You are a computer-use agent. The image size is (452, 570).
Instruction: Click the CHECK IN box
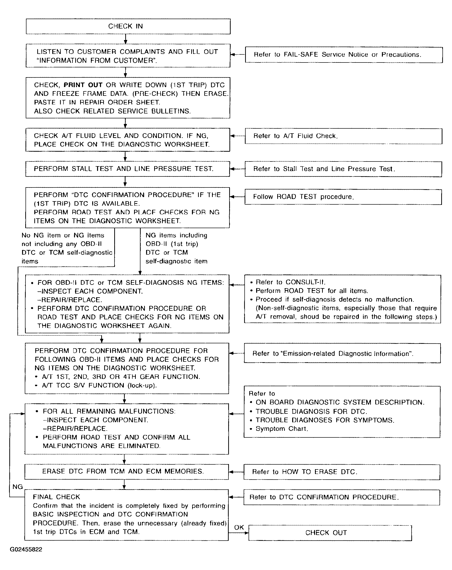point(128,26)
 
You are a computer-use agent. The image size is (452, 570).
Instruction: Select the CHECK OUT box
point(330,533)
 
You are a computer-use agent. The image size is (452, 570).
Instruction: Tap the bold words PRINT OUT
point(83,85)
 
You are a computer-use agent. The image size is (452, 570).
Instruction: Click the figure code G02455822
point(26,549)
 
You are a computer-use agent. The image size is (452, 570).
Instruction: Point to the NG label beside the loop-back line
point(17,487)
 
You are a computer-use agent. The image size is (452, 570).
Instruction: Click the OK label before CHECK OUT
point(239,527)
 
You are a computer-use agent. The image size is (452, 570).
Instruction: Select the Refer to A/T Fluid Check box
point(343,136)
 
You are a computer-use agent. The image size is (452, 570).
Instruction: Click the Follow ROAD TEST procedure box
point(343,197)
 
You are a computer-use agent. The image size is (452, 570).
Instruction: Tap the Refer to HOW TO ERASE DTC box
point(341,472)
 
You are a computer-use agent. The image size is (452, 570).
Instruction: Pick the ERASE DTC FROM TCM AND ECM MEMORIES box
point(126,472)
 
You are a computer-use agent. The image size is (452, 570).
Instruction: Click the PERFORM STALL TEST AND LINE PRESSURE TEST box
point(127,169)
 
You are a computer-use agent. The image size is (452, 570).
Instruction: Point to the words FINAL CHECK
point(56,497)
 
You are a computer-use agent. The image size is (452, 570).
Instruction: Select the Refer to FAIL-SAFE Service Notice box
point(344,55)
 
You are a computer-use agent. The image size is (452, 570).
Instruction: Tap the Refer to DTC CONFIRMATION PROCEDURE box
point(341,497)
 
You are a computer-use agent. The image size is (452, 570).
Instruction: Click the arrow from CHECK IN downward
point(126,39)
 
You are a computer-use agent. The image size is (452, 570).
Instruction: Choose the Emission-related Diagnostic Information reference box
point(342,353)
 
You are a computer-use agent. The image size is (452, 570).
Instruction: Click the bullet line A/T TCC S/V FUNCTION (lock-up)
point(99,385)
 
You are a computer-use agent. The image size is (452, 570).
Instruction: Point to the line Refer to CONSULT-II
point(290,282)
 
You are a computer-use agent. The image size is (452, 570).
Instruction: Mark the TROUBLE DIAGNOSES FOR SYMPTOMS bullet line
point(325,420)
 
